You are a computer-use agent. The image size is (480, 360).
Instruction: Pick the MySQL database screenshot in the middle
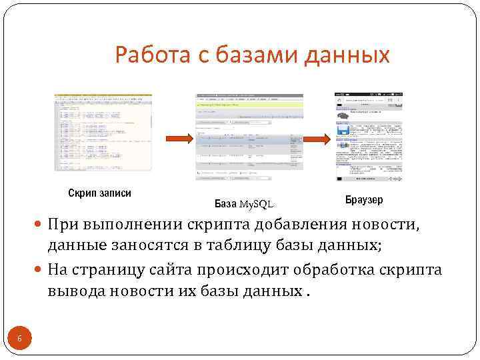pos(249,137)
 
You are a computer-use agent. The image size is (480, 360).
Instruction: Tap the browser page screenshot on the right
pos(369,137)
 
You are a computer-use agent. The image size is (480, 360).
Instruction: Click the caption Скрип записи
pos(100,193)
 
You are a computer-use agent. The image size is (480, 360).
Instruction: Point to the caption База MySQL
pos(244,203)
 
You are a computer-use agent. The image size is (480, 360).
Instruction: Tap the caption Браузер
pos(365,200)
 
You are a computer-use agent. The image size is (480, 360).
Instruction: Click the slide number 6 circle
pos(19,339)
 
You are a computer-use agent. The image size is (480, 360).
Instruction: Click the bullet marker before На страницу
pos(40,270)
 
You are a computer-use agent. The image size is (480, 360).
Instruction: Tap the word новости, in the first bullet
pos(387,225)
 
